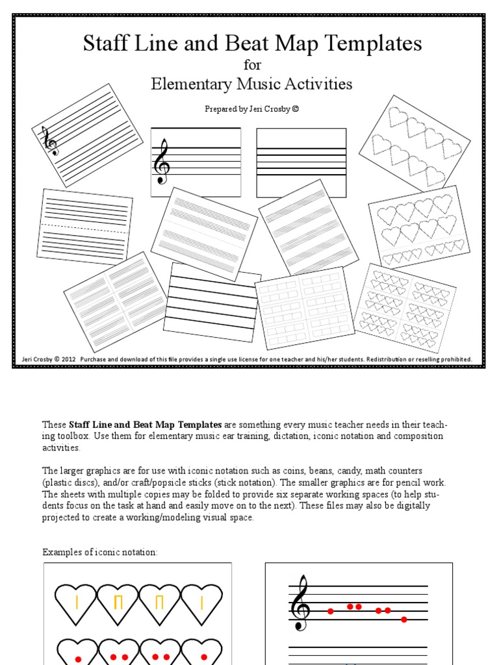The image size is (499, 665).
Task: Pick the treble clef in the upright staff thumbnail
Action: (162, 162)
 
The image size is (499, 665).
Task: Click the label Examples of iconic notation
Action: (100, 552)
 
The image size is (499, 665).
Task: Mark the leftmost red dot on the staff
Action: (330, 611)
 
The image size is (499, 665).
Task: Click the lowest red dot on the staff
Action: (404, 619)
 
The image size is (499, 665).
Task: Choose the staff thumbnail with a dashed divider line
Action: (86, 223)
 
